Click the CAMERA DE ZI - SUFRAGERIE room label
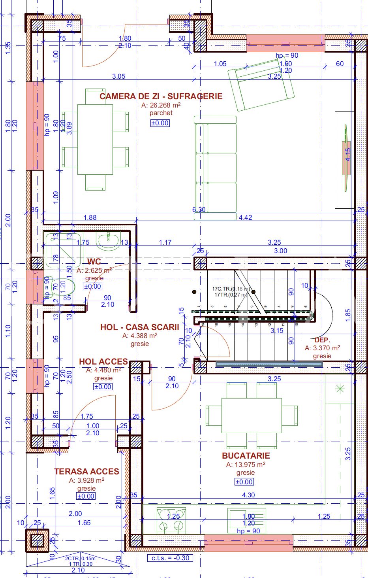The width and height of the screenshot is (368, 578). (161, 96)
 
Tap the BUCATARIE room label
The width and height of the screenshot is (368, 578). (246, 455)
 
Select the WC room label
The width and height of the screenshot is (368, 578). (94, 261)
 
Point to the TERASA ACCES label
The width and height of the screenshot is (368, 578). (86, 471)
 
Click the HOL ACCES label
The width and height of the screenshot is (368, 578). (103, 361)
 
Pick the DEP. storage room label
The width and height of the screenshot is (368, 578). (323, 340)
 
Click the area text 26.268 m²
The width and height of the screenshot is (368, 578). (161, 105)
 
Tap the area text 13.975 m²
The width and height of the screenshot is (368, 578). (246, 465)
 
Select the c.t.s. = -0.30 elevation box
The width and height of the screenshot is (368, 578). (170, 558)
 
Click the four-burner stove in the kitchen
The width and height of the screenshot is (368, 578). (171, 520)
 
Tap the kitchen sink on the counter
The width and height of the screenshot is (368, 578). (246, 520)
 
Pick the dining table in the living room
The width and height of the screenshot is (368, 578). (95, 139)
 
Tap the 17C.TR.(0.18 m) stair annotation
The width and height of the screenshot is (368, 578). (230, 289)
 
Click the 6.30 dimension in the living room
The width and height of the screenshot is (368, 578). (199, 210)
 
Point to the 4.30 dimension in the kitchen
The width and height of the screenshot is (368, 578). (248, 495)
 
